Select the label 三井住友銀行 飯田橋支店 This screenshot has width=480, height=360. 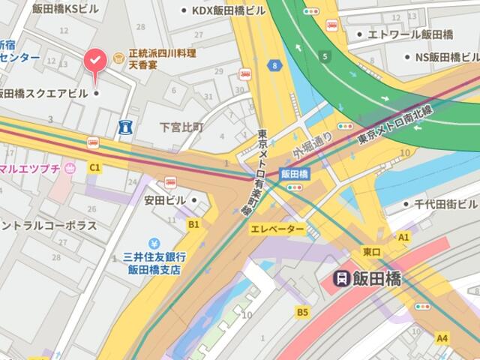tap(155, 262)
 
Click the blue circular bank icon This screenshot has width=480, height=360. tap(154, 243)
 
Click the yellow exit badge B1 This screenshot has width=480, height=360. tap(193, 223)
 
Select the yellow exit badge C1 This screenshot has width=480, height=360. tap(94, 168)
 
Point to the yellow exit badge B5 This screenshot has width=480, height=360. tap(302, 311)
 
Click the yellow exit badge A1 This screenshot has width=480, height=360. tap(403, 237)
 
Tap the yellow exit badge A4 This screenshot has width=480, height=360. tap(442, 338)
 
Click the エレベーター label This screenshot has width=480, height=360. tap(277, 229)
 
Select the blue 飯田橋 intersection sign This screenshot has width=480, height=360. tap(295, 173)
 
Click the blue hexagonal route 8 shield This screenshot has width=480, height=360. tap(277, 66)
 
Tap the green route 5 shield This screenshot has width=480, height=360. tap(325, 55)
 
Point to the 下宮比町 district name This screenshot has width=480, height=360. tap(181, 127)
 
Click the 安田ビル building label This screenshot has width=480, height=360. tap(165, 200)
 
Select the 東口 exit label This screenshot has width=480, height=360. tap(372, 250)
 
